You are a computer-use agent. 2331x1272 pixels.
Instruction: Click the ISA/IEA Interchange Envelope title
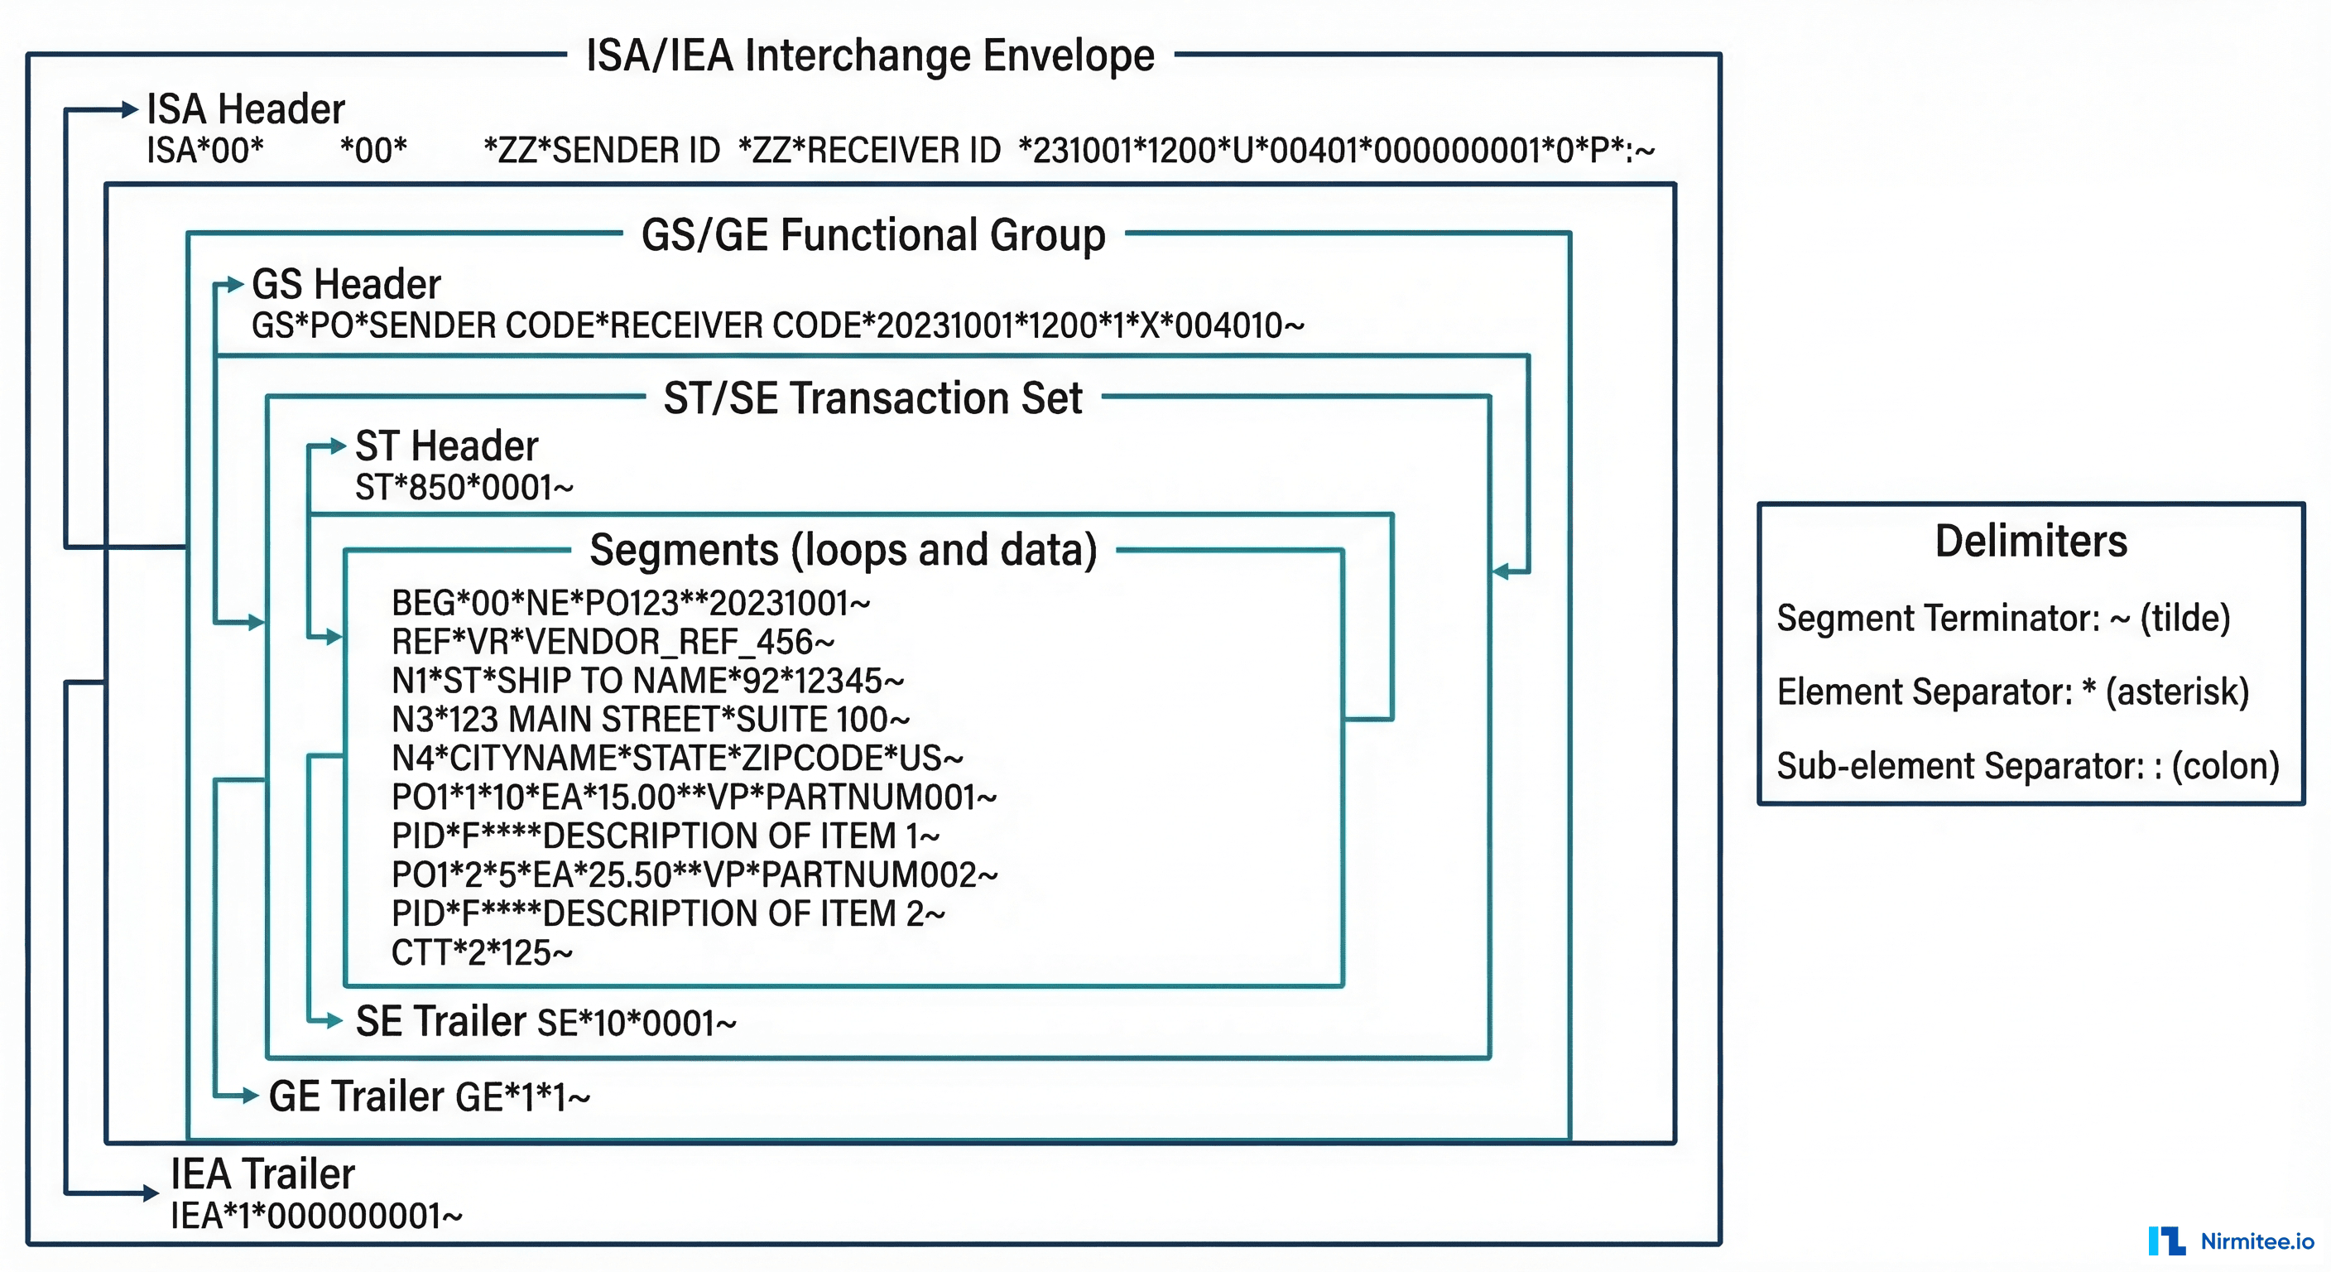click(870, 56)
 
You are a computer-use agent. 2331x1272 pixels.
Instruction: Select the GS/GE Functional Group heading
click(873, 235)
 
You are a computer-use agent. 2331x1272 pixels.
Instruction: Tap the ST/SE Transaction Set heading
click(872, 398)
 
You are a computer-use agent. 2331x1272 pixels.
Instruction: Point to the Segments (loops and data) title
click(843, 551)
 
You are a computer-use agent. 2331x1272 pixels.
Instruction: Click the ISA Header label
click(245, 109)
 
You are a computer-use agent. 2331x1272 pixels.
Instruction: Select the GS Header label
click(346, 284)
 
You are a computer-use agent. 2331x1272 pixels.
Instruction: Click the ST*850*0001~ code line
click(464, 488)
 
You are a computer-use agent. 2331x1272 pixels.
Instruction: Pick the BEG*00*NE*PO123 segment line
click(630, 603)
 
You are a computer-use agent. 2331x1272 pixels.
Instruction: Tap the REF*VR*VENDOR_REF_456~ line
click(612, 642)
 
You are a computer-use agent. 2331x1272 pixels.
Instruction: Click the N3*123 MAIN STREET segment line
click(650, 720)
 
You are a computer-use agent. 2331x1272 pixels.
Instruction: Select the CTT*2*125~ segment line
click(482, 953)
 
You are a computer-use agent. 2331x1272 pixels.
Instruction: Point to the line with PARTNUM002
click(693, 875)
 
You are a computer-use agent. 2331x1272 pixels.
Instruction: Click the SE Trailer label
click(440, 1021)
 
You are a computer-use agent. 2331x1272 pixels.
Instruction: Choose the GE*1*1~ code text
click(522, 1098)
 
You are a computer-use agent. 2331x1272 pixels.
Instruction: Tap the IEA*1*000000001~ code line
click(316, 1217)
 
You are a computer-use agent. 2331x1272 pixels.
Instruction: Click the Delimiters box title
click(2031, 542)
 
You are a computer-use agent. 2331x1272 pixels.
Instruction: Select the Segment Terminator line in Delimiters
click(2002, 619)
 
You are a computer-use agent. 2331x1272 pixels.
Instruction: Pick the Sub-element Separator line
click(2027, 766)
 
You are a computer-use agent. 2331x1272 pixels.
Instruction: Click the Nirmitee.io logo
click(2231, 1241)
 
